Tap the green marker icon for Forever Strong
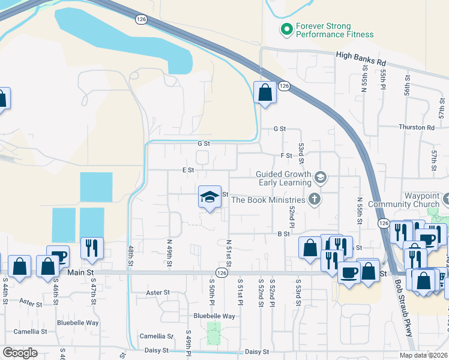point(287,28)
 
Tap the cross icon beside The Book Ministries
point(313,199)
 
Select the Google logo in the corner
point(20,353)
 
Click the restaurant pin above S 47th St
point(92,248)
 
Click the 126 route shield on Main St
point(222,273)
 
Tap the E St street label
point(188,170)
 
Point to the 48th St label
point(130,255)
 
